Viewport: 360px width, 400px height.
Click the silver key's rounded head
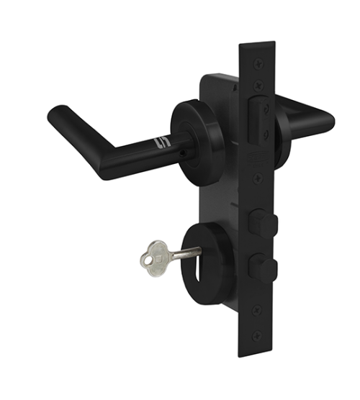(x=154, y=258)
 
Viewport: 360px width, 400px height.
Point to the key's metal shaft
(x=186, y=253)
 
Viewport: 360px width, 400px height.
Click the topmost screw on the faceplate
(x=258, y=63)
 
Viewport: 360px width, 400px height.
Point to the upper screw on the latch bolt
(x=266, y=108)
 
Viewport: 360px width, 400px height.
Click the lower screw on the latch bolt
(x=266, y=134)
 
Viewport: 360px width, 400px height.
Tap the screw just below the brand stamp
(x=258, y=178)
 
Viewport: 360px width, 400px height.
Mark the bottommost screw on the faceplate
(x=257, y=336)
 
